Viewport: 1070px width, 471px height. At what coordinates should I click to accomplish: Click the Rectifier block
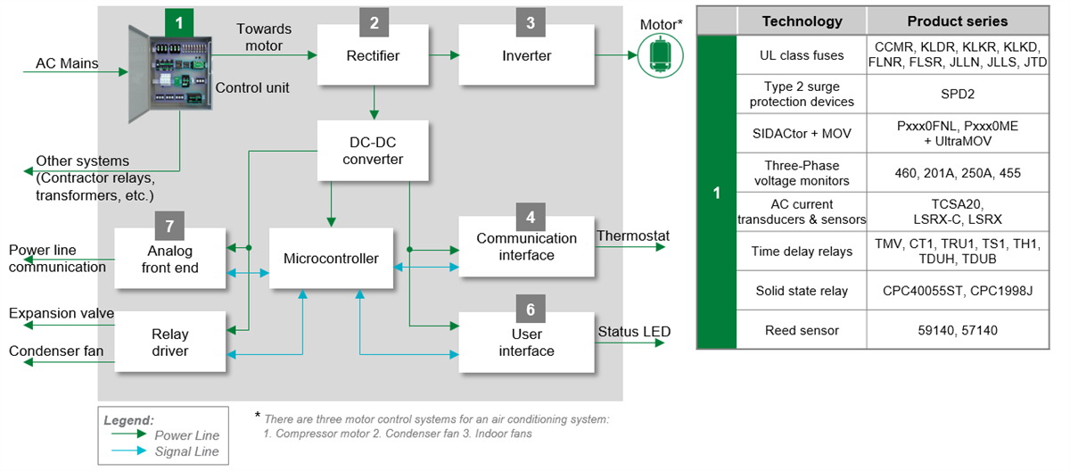[x=373, y=55]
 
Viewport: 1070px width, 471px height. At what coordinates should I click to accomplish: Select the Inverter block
[x=527, y=55]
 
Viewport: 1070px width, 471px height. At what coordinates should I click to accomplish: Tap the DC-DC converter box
[x=373, y=150]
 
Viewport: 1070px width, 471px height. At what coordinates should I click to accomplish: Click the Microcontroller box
[x=331, y=258]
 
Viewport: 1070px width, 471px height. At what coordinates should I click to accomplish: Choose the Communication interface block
[x=526, y=247]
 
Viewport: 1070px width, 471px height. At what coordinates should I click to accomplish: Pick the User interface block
[x=526, y=343]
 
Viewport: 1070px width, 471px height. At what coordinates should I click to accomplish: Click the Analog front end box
[x=170, y=259]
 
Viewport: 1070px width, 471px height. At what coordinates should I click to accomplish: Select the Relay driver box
[x=170, y=343]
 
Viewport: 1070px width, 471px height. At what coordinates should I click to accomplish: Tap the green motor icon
[x=660, y=55]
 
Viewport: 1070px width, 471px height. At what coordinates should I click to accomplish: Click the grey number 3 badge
[x=531, y=22]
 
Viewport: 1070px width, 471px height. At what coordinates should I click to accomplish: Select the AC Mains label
[x=67, y=64]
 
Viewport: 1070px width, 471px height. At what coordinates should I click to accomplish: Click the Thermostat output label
[x=633, y=236]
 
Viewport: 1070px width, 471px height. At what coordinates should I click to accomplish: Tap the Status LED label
[x=634, y=332]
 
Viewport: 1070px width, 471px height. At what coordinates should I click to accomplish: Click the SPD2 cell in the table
[x=957, y=93]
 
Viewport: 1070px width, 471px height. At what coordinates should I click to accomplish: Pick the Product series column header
[x=957, y=21]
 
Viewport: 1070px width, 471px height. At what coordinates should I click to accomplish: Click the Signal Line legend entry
[x=186, y=451]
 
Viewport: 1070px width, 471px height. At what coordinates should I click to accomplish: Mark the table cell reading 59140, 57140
[x=957, y=330]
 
